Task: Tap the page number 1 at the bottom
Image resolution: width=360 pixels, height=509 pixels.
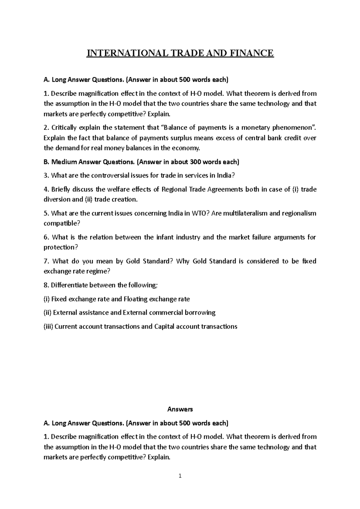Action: (180, 476)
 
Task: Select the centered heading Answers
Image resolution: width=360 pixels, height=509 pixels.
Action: (180, 409)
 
